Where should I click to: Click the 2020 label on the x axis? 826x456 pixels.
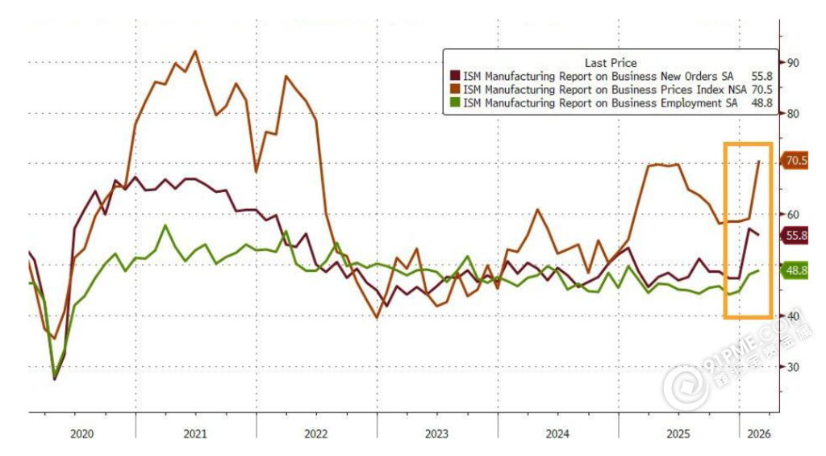(81, 433)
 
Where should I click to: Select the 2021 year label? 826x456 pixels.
(195, 433)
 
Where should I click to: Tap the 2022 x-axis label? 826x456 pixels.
(315, 433)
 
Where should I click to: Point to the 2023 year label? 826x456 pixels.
(436, 433)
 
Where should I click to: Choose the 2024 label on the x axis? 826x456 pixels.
(557, 433)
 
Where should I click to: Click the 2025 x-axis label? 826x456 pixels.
(678, 433)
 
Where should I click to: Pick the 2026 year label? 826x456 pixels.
(758, 433)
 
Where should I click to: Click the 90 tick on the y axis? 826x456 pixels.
(793, 62)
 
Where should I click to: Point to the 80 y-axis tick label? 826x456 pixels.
(793, 114)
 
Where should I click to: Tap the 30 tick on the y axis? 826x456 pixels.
(793, 367)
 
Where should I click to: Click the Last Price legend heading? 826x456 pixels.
(611, 63)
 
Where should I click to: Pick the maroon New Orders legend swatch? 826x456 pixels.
(455, 77)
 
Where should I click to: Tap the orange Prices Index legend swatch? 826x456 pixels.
(455, 90)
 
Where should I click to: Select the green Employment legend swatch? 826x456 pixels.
(455, 102)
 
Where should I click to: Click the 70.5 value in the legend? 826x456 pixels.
(761, 90)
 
